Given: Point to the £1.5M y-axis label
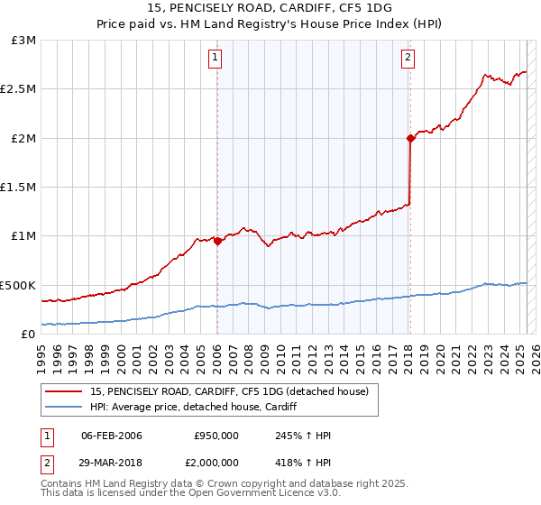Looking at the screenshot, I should coord(19,188).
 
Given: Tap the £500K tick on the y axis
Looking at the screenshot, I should coord(19,285).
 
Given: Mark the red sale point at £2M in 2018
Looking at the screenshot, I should coord(410,138).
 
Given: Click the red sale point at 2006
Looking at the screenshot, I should coord(217,241).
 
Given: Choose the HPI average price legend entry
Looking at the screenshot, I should coord(193,408).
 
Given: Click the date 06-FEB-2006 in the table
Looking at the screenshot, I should coord(112,436).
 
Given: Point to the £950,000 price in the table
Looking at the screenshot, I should coord(216,436).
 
